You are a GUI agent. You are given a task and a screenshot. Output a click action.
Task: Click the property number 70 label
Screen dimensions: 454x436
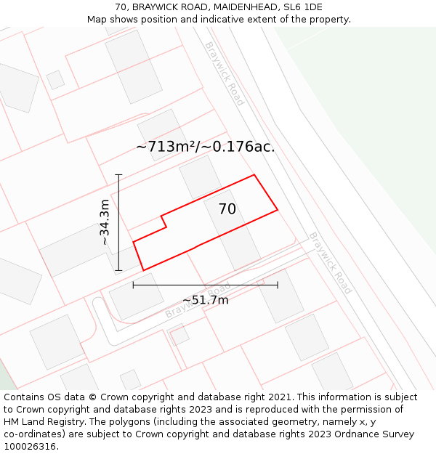pyautogui.click(x=227, y=209)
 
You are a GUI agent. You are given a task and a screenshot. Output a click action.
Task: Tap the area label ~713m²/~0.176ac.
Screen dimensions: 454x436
pyautogui.click(x=205, y=147)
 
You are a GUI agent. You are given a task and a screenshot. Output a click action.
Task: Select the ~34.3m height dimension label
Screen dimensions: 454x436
pyautogui.click(x=105, y=222)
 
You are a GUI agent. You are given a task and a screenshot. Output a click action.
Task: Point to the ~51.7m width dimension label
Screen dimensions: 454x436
pyautogui.click(x=205, y=300)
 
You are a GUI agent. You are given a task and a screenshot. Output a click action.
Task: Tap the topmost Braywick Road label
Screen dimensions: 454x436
pyautogui.click(x=224, y=73)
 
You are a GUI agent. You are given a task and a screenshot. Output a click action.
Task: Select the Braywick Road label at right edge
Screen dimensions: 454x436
pyautogui.click(x=330, y=262)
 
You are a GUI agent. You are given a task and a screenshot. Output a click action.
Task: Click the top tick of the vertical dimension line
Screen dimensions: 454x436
pyautogui.click(x=118, y=174)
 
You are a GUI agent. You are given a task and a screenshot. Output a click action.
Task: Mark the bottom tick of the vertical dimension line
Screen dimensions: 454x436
pyautogui.click(x=118, y=271)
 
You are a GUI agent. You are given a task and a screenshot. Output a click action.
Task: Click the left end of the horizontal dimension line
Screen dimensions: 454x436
pyautogui.click(x=133, y=285)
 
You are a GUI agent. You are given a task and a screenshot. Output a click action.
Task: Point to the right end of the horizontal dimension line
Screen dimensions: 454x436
pyautogui.click(x=278, y=285)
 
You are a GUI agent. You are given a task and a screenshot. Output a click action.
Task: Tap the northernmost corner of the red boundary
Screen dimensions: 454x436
pyautogui.click(x=254, y=175)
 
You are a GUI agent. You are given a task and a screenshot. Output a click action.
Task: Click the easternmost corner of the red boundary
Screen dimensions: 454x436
pyautogui.click(x=278, y=211)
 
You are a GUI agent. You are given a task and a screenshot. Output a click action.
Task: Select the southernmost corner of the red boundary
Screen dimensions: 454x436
pyautogui.click(x=143, y=270)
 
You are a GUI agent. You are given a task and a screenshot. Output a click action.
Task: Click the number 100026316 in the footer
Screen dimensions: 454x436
pyautogui.click(x=29, y=447)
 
